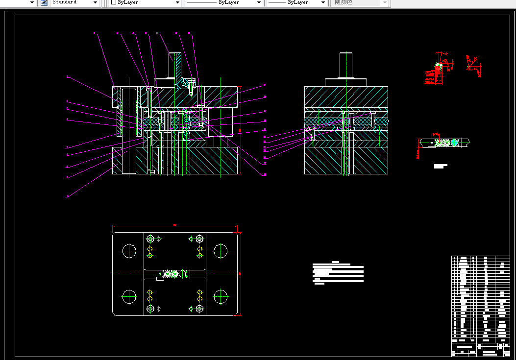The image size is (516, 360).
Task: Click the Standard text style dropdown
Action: [74, 2]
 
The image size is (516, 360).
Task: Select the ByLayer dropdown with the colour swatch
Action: [145, 2]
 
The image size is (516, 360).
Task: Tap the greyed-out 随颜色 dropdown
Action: [361, 2]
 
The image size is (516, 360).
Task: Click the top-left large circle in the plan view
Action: [129, 251]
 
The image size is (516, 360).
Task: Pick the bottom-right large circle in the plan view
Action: [221, 296]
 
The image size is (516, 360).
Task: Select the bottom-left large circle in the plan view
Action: [129, 296]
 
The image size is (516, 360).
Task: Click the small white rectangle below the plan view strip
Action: [160, 279]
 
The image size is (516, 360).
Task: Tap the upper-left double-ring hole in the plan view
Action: [150, 239]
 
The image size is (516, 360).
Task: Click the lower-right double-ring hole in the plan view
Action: [199, 309]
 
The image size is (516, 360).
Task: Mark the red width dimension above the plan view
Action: [175, 226]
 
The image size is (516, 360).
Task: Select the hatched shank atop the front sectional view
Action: [176, 66]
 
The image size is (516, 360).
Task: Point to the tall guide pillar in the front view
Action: [130, 130]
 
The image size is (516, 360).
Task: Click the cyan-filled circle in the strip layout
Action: [454, 143]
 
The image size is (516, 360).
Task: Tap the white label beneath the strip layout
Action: [441, 167]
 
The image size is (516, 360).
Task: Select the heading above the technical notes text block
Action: [336, 262]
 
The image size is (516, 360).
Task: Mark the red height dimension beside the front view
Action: [241, 130]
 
